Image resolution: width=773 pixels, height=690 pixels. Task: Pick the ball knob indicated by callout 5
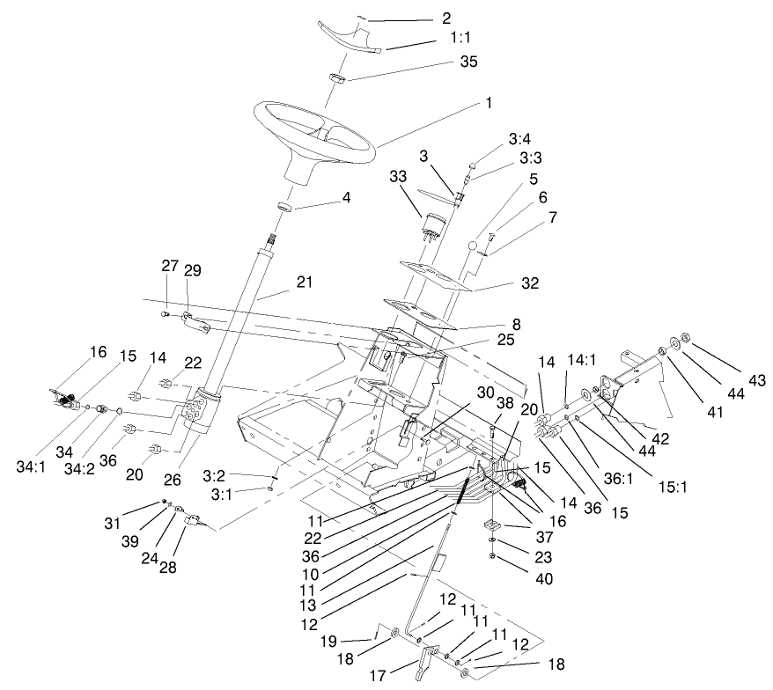[x=476, y=244]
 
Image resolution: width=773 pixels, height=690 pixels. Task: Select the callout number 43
[x=756, y=380]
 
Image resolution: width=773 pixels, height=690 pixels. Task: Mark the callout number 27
[x=169, y=266]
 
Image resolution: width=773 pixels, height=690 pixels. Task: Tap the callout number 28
[x=166, y=568]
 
